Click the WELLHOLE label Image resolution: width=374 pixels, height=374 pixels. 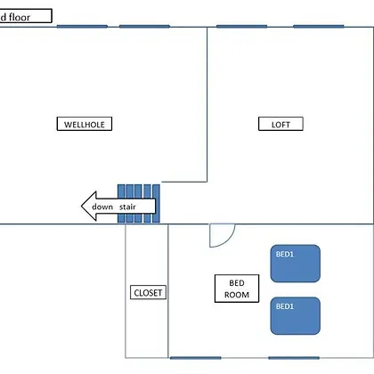coord(85,124)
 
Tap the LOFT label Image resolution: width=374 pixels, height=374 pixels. coord(280,124)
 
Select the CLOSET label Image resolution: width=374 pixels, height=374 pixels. coord(148,293)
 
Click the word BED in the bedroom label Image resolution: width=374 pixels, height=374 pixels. coord(237,283)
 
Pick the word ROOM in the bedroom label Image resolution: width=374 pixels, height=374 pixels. coord(237,295)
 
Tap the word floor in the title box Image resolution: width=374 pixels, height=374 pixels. coord(20,17)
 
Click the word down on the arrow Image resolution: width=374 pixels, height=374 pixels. coord(102,207)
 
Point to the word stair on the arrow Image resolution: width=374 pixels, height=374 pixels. coord(127,207)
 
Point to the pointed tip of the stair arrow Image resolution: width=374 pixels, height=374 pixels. coord(81,206)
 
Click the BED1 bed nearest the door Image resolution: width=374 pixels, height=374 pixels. coord(296,264)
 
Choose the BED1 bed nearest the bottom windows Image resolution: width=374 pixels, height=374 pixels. coord(296,316)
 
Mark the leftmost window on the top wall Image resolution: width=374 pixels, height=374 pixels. coord(82,27)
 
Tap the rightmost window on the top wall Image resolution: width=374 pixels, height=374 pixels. coord(319,27)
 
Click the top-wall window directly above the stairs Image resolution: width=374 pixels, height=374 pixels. coord(144,27)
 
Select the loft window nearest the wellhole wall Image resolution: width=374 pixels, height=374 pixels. coord(241,27)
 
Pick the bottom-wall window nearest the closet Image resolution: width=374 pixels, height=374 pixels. coord(196,358)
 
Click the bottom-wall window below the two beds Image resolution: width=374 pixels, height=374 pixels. coord(294,358)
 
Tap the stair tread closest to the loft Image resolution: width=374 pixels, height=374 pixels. coord(157,204)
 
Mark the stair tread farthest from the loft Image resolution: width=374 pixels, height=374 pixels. coord(121,204)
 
